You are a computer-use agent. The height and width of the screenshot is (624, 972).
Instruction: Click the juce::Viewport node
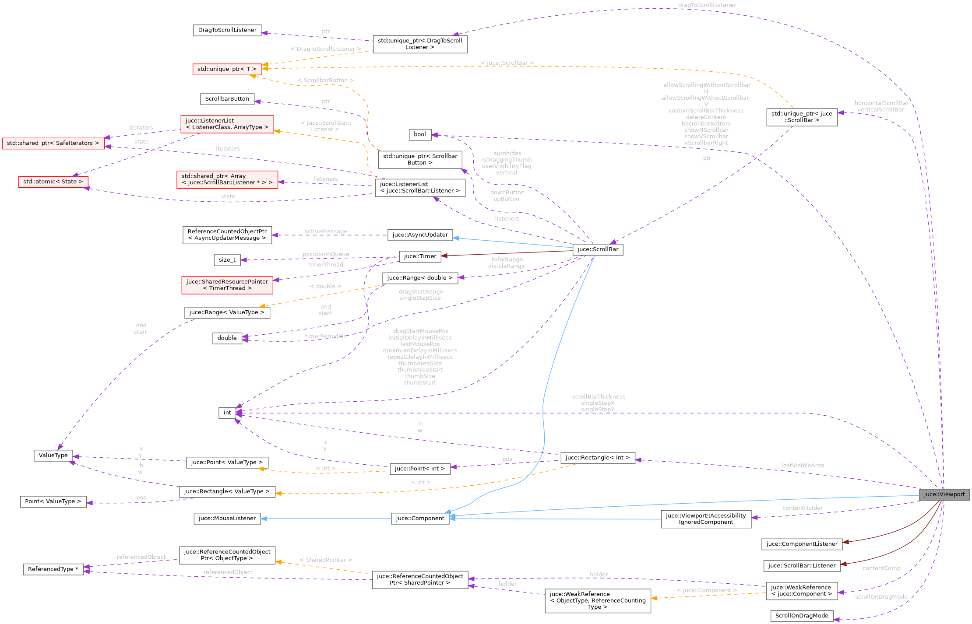944,494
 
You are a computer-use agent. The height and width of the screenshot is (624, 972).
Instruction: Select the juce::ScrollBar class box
598,249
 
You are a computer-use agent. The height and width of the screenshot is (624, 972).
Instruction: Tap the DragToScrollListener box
227,30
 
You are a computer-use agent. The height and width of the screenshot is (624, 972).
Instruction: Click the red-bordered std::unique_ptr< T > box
227,69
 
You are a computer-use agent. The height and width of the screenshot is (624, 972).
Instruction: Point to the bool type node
419,134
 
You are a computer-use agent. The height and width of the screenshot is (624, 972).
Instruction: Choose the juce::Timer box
420,256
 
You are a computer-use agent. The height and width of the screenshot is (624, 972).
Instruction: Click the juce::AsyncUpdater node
420,235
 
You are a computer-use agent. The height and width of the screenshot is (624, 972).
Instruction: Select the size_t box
227,260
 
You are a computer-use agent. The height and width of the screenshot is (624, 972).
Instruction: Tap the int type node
227,413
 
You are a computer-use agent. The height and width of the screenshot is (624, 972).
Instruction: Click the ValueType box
53,456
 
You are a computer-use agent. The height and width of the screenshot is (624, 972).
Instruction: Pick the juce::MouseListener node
227,519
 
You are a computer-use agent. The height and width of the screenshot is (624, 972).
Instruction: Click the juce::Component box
420,519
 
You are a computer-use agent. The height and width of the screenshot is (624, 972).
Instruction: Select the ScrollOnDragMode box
801,616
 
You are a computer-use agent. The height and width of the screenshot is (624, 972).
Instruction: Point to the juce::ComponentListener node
801,544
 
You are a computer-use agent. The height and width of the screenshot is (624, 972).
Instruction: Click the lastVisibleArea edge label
802,465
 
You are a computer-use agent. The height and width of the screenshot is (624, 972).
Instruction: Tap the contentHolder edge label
802,508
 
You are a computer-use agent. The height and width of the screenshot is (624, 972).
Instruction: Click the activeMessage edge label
325,231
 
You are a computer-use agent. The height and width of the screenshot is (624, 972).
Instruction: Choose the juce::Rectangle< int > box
597,458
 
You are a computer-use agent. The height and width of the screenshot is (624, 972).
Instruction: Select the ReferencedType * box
53,569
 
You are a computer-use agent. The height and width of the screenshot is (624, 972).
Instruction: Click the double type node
227,338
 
